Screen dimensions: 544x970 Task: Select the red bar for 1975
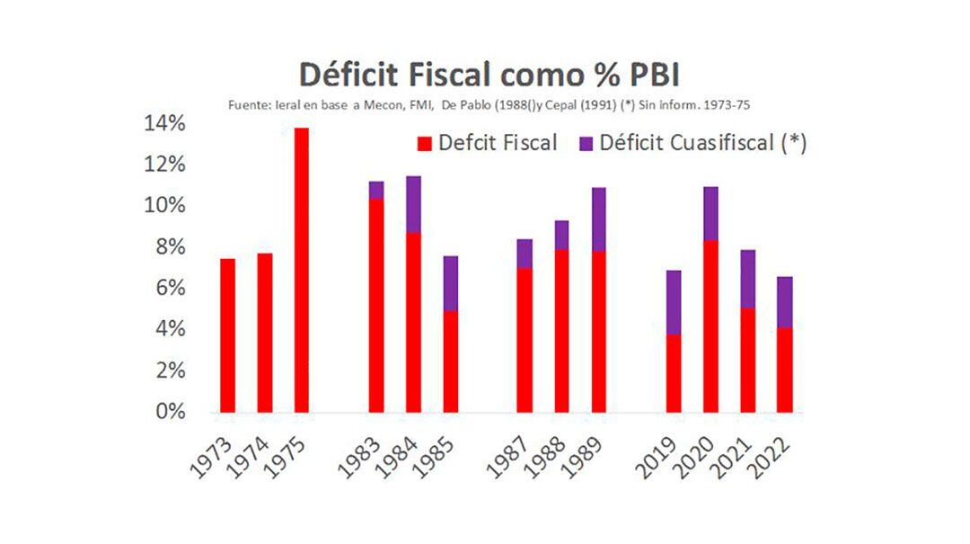pyautogui.click(x=301, y=270)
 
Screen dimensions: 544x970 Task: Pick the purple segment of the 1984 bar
pyautogui.click(x=413, y=204)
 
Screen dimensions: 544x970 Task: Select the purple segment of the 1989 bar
pyautogui.click(x=598, y=219)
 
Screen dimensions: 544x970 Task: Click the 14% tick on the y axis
pyautogui.click(x=163, y=123)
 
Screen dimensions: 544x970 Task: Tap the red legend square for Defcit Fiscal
pyautogui.click(x=425, y=143)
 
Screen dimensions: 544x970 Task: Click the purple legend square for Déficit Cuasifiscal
pyautogui.click(x=586, y=143)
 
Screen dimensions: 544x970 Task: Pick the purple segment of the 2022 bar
pyautogui.click(x=784, y=302)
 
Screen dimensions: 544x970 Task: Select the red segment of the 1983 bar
pyautogui.click(x=376, y=306)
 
